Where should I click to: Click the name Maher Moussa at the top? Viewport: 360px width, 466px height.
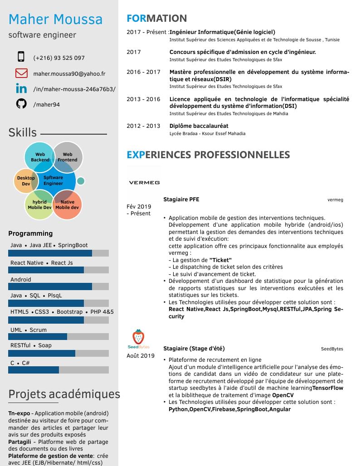(55, 19)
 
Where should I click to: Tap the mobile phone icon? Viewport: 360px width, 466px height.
(21, 57)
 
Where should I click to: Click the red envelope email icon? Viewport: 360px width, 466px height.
(21, 73)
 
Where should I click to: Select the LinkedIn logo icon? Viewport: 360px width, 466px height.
(21, 88)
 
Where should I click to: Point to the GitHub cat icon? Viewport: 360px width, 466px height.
(21, 104)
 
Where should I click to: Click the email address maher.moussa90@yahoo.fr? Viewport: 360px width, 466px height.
(69, 73)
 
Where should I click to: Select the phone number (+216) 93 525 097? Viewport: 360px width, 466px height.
(59, 58)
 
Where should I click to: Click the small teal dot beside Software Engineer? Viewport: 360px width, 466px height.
(81, 181)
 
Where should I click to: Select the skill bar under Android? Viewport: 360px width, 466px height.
(58, 286)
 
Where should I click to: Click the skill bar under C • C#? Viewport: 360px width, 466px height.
(58, 370)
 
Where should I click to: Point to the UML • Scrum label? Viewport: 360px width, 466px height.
(29, 330)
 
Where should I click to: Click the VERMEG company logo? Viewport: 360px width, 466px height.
(144, 183)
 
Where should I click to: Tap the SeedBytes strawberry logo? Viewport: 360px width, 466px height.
(138, 338)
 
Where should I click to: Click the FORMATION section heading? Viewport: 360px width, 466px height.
(156, 19)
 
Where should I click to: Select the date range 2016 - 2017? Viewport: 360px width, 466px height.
(143, 72)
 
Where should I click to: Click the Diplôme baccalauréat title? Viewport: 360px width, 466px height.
(199, 126)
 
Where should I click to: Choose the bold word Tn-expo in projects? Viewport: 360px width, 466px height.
(19, 413)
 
